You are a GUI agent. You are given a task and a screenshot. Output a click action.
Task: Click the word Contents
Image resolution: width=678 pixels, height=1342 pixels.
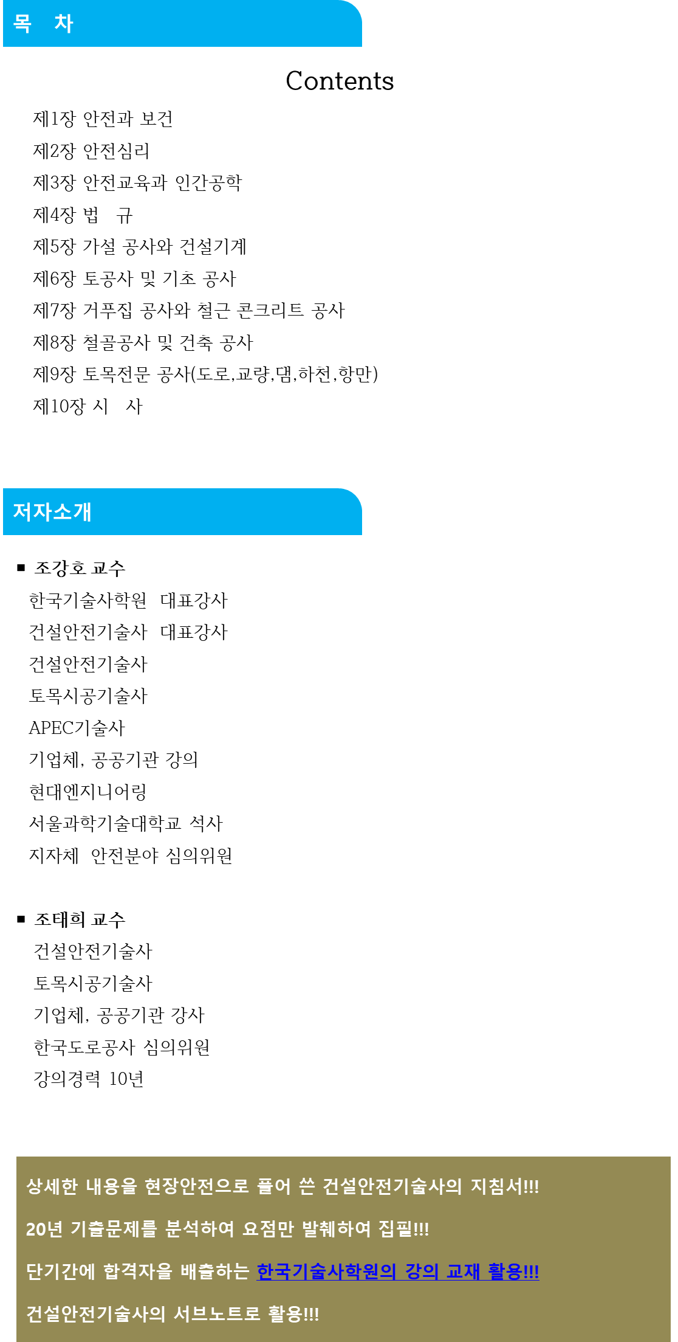point(340,81)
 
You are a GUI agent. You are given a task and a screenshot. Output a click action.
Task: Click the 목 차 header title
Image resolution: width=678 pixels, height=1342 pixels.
point(43,24)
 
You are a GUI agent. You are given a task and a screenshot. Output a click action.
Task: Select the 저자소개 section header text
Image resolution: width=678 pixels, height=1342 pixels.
point(52,511)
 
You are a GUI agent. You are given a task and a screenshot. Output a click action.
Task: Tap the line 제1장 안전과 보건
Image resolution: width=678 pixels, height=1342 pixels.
point(103,119)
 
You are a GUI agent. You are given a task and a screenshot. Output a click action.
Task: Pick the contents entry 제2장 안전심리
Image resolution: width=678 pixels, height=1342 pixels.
point(91,151)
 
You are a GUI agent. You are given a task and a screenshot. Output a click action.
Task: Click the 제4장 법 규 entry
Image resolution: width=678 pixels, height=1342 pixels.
point(83,215)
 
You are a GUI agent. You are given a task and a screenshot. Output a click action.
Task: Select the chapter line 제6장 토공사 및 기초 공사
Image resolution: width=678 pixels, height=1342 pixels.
point(134,278)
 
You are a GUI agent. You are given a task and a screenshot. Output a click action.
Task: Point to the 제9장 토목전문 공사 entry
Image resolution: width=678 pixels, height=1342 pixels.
point(205,375)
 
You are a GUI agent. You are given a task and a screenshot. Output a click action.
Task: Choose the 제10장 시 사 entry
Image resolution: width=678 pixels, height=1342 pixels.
point(87,406)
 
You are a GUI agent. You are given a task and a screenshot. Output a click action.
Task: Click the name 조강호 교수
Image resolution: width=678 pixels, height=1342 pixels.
point(80,569)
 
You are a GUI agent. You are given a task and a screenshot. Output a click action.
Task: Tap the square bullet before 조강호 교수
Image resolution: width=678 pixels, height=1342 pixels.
point(21,568)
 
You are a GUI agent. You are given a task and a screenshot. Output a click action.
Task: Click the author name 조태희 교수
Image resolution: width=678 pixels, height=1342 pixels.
point(80,919)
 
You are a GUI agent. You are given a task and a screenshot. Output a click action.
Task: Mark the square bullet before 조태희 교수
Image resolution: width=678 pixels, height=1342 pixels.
point(21,919)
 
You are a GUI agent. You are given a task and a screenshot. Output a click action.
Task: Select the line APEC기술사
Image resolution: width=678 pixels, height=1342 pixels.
point(77,728)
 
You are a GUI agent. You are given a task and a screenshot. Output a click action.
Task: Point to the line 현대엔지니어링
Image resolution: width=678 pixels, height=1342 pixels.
point(87,792)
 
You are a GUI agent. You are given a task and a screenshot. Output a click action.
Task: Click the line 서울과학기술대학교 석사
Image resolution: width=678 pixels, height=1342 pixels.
point(126,823)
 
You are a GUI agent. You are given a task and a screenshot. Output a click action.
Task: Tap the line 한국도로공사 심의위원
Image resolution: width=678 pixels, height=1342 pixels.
point(122,1047)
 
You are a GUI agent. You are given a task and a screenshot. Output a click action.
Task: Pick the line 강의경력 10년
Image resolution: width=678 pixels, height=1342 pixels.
point(89,1079)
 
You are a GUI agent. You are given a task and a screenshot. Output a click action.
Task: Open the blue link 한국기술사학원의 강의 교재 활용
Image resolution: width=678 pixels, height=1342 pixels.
point(398,1271)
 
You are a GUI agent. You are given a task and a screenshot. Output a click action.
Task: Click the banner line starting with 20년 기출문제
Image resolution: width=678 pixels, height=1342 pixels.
point(228,1229)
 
